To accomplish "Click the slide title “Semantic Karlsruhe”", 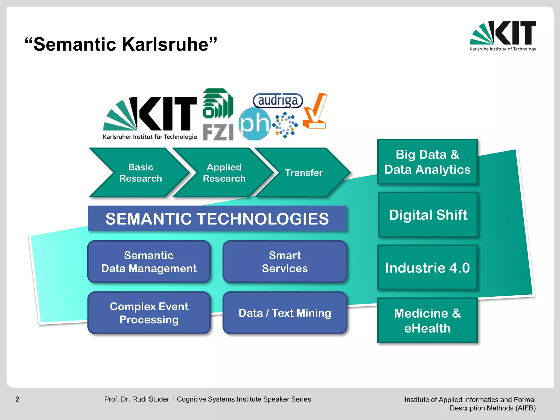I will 121,44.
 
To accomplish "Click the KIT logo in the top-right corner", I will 503,36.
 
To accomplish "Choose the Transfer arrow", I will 304,173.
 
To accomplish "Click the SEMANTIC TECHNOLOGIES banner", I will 217,219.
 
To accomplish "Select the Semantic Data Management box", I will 149,262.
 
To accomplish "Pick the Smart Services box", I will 285,262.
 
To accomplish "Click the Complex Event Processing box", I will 149,313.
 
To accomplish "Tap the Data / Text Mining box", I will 285,313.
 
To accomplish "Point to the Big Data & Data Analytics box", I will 427,162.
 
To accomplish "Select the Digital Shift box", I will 428,215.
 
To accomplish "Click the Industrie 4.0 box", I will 427,267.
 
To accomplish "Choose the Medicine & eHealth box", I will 427,320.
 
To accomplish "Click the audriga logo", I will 278,100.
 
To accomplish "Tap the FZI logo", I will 218,115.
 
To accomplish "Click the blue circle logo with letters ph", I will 254,124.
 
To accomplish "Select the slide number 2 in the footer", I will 17,399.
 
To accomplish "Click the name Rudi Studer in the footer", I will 150,399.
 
